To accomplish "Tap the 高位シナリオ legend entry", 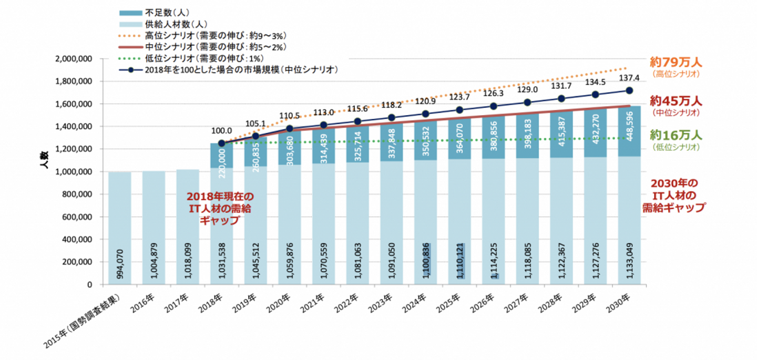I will coord(216,36).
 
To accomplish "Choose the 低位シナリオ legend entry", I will coord(204,58).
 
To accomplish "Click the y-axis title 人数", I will coord(44,159).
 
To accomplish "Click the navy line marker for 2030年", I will coord(629,91).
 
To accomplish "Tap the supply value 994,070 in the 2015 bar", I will coord(120,265).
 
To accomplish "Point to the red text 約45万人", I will coord(675,101).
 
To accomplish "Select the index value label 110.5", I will coord(290,115).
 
